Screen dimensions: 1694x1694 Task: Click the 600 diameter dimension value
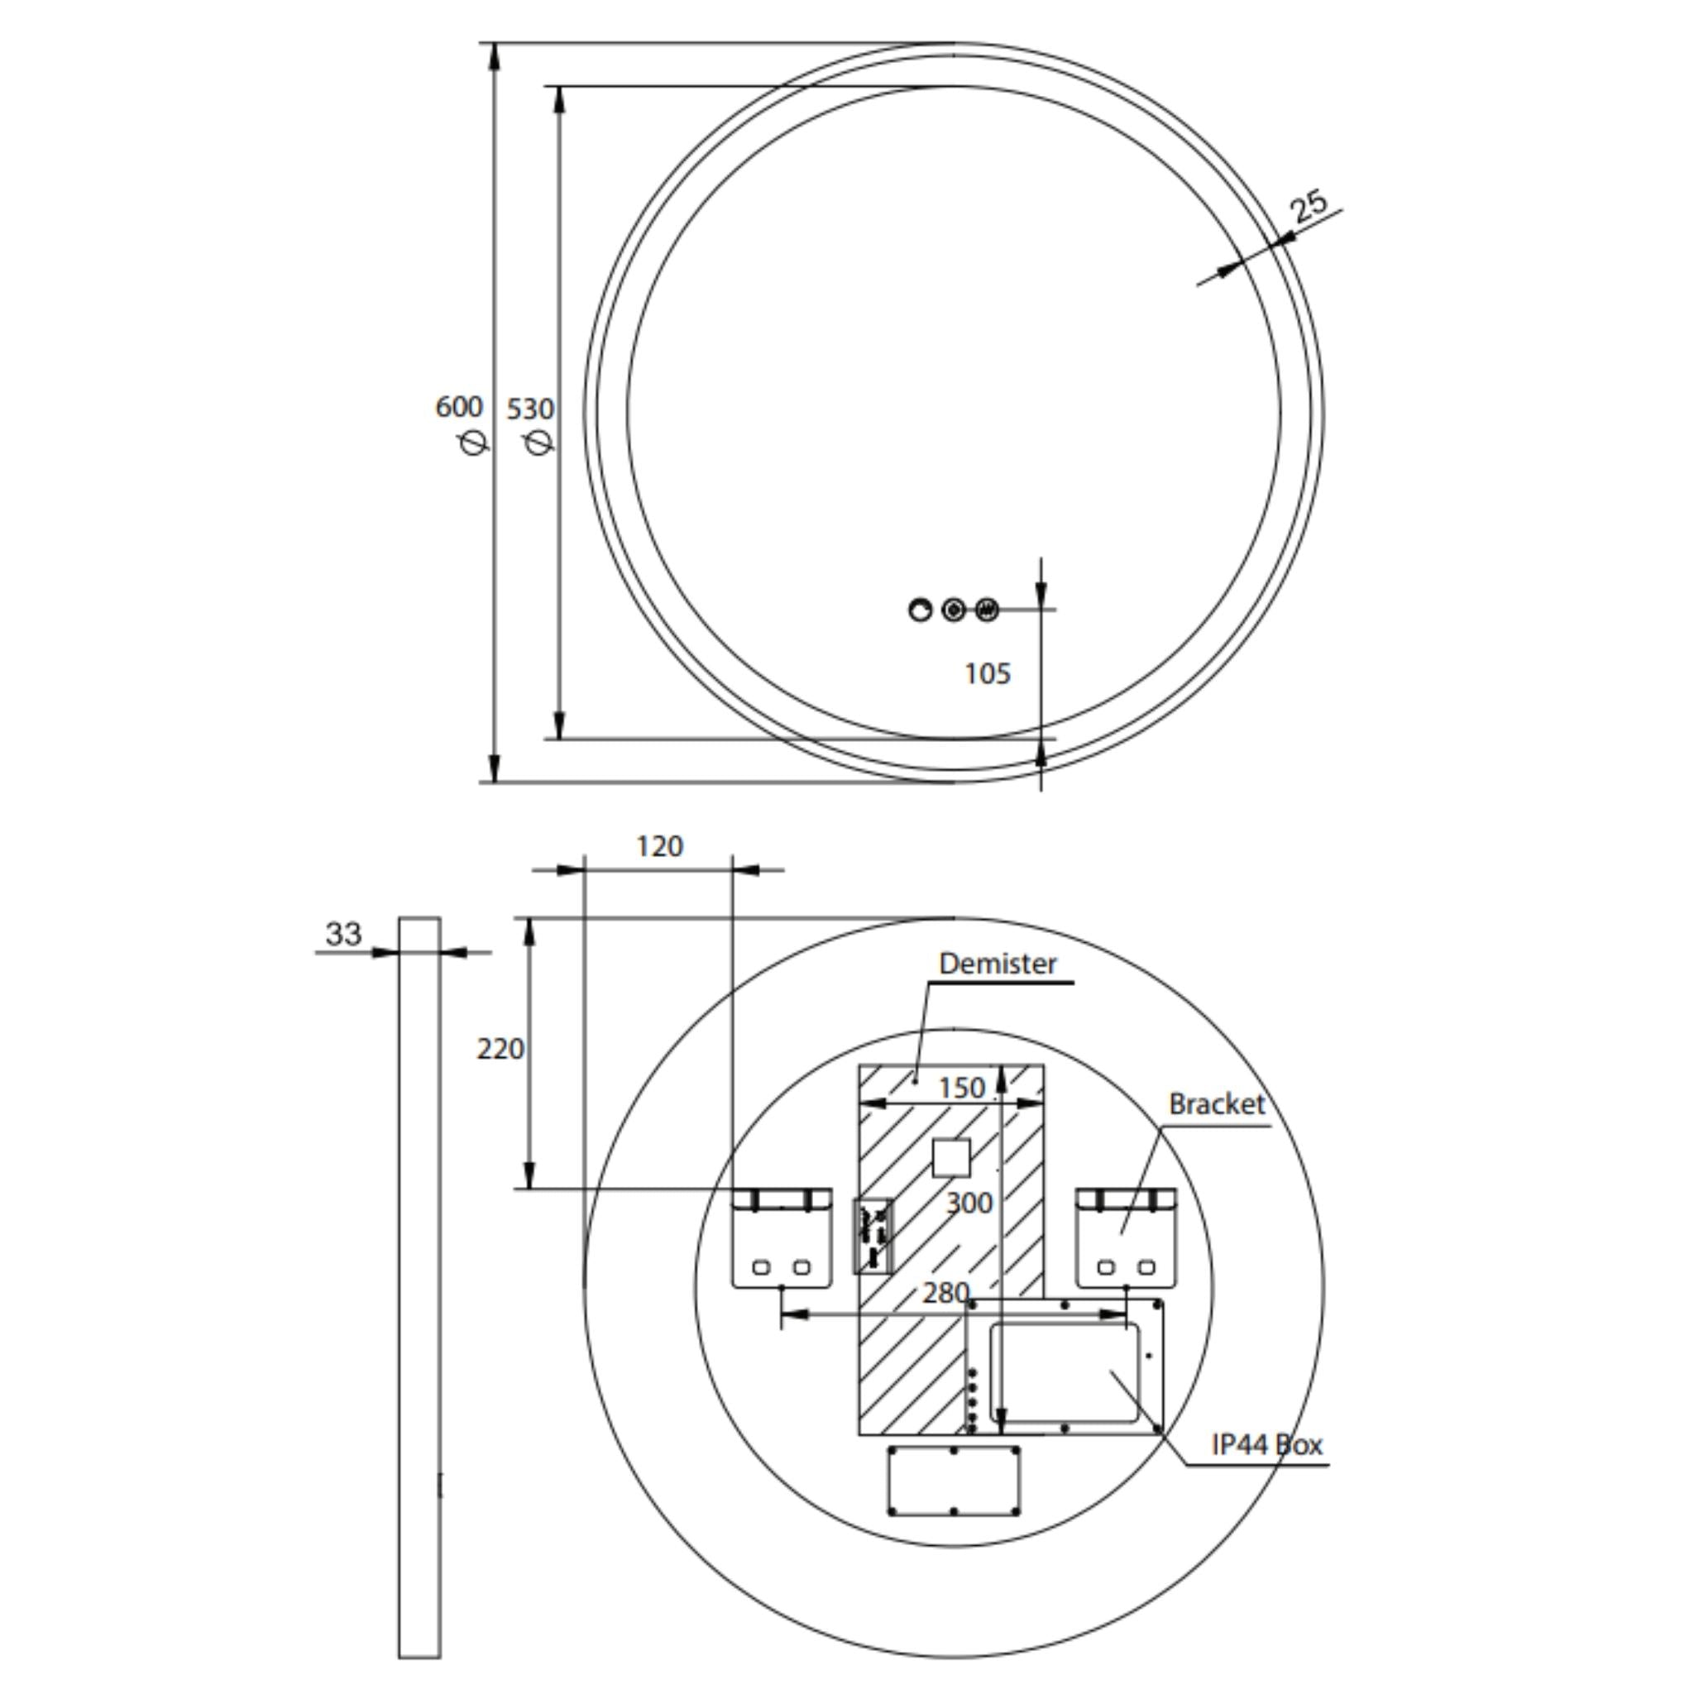click(x=458, y=407)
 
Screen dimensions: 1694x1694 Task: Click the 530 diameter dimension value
click(x=530, y=409)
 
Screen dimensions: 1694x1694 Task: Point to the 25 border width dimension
click(x=1309, y=206)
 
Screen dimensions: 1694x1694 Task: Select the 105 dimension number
click(x=988, y=673)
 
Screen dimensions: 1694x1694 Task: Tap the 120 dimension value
click(x=659, y=846)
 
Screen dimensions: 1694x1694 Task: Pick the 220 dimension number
click(x=500, y=1049)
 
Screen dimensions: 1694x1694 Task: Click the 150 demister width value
click(x=962, y=1089)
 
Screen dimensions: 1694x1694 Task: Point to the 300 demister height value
click(x=969, y=1203)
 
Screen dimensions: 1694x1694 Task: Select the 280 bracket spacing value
click(x=945, y=1293)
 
